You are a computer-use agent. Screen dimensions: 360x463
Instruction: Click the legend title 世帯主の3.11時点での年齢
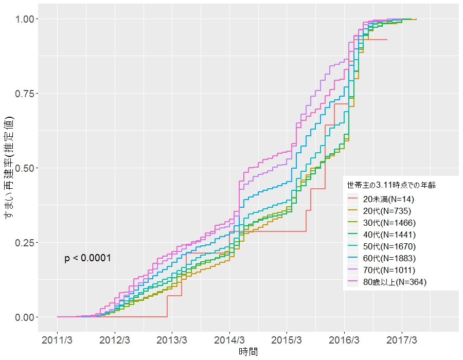(391, 184)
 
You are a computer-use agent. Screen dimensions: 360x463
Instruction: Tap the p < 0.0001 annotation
(87, 258)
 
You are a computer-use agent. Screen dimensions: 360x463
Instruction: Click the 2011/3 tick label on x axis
(57, 340)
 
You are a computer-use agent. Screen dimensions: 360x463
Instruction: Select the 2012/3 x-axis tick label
(115, 340)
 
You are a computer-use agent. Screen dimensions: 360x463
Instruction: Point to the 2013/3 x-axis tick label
(172, 340)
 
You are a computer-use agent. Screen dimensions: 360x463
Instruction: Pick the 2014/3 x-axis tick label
(229, 340)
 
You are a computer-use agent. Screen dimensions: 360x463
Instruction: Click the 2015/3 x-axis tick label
(287, 340)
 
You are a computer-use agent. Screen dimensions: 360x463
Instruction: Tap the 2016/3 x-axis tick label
(344, 340)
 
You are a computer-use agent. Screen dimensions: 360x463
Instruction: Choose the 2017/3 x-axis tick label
(402, 340)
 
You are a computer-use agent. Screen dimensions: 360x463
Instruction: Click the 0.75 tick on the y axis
(27, 94)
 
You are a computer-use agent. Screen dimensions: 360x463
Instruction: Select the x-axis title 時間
(248, 352)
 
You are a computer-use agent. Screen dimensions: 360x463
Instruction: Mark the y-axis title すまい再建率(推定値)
(9, 168)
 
